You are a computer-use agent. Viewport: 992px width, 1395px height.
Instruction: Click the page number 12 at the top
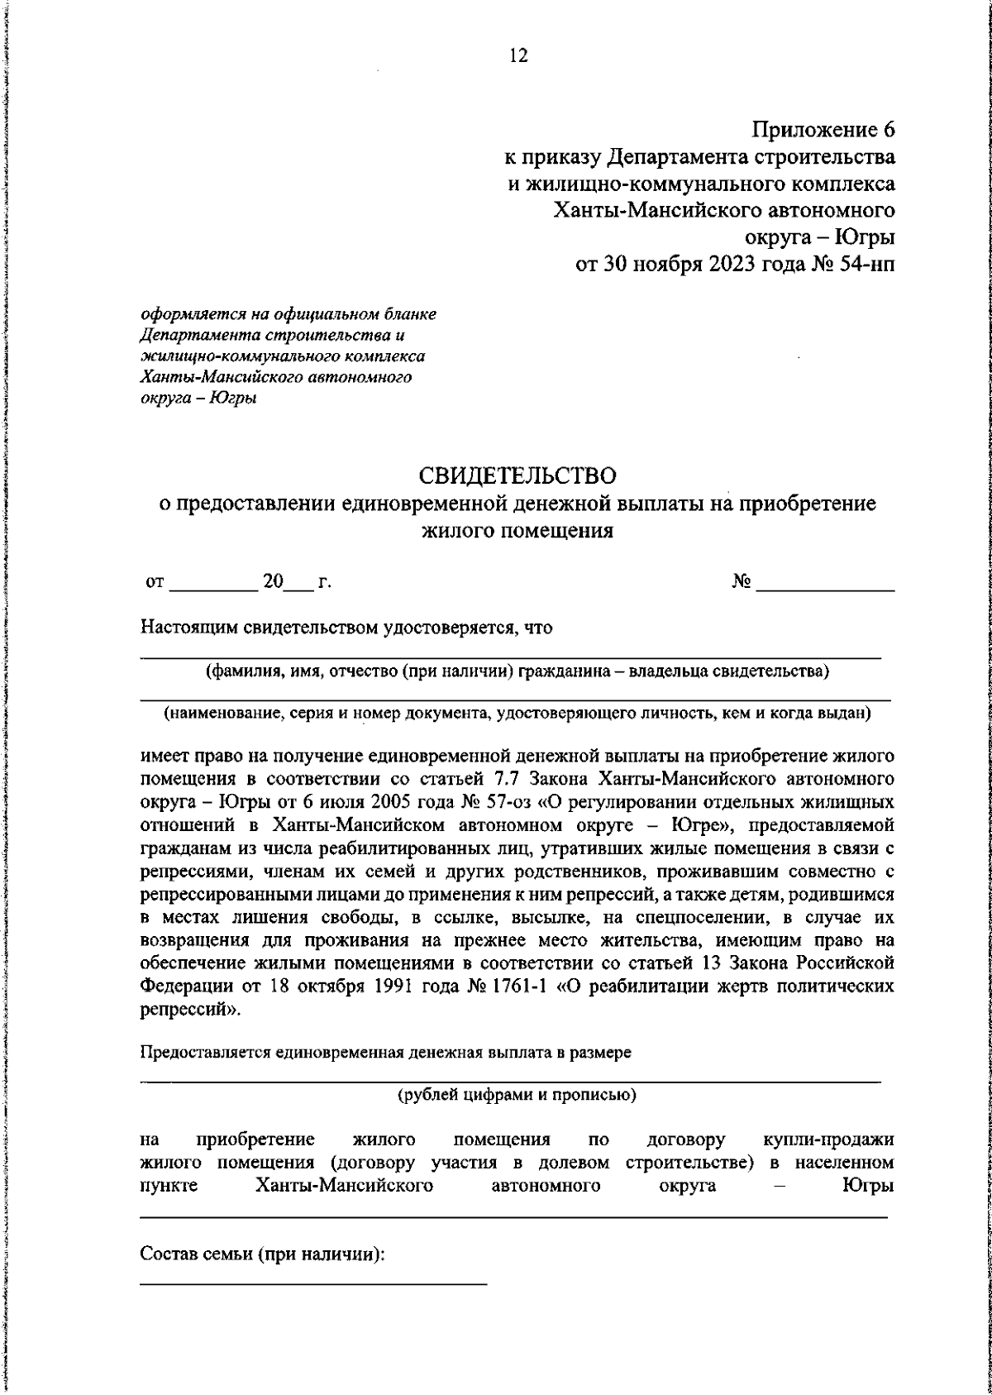(x=518, y=56)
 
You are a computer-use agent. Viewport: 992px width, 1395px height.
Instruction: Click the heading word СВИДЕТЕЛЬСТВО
(x=517, y=476)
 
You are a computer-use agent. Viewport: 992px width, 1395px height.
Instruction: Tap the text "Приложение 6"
(x=823, y=130)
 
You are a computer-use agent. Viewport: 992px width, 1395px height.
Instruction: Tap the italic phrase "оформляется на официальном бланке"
(x=289, y=315)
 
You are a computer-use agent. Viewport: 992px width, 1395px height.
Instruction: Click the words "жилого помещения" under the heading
(x=517, y=531)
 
